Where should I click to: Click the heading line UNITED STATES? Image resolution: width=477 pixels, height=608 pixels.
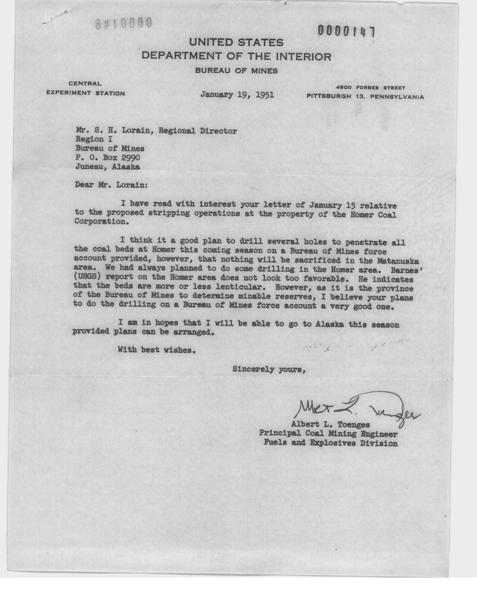click(x=236, y=43)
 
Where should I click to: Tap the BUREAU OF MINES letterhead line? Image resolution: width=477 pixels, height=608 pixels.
click(x=236, y=71)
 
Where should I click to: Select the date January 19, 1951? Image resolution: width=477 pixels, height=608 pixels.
click(x=237, y=95)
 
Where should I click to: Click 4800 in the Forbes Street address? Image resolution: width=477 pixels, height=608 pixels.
click(x=344, y=88)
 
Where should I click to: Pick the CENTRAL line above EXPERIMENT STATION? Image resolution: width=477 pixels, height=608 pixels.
click(x=85, y=83)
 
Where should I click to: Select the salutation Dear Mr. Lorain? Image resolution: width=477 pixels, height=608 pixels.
click(x=111, y=185)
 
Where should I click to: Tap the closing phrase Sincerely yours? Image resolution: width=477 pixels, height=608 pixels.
click(x=268, y=369)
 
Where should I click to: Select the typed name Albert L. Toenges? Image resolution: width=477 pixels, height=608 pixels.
click(x=330, y=424)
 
